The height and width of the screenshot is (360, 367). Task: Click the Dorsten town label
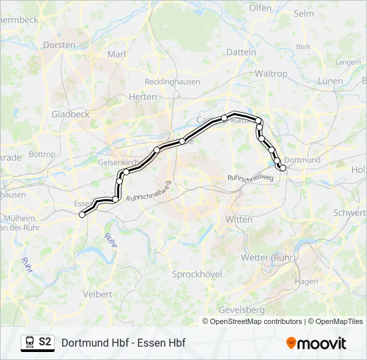click(59, 45)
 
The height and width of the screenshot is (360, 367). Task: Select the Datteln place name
click(241, 51)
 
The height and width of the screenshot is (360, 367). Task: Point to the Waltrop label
click(271, 73)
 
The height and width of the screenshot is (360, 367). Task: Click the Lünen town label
click(330, 81)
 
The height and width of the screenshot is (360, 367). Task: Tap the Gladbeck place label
click(70, 114)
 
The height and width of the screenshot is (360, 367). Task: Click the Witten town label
click(240, 219)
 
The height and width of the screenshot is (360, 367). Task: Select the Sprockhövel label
click(196, 274)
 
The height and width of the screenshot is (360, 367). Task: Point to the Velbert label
click(98, 294)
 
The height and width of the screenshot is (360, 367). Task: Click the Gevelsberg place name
click(242, 310)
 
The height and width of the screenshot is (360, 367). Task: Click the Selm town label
click(304, 13)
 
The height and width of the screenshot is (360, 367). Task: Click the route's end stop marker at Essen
click(82, 215)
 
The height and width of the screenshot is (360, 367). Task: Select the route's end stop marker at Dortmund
click(283, 168)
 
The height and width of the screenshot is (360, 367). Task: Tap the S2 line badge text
click(45, 342)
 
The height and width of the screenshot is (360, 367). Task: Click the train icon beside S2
click(30, 342)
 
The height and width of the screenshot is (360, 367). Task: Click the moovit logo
click(316, 343)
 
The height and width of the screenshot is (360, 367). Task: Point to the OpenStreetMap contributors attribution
click(256, 321)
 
